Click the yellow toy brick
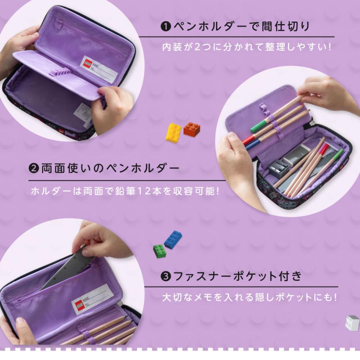tap(173, 132)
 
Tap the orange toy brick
tap(192, 129)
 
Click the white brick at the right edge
tap(352, 322)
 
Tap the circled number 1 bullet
tap(166, 27)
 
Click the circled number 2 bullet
tap(34, 168)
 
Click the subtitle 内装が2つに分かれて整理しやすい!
tap(246, 47)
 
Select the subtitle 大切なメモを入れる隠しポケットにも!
tap(249, 298)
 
